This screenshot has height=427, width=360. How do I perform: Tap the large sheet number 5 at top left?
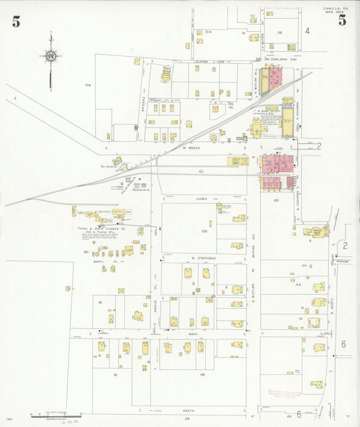[16, 21]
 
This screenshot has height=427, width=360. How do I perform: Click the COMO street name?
[201, 199]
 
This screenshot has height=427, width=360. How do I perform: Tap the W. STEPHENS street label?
[201, 258]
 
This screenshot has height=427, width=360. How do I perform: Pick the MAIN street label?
[193, 334]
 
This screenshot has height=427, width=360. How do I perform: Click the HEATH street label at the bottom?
[187, 410]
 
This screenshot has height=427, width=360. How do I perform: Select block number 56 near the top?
[279, 32]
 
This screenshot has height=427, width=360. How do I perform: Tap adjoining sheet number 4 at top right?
[307, 30]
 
